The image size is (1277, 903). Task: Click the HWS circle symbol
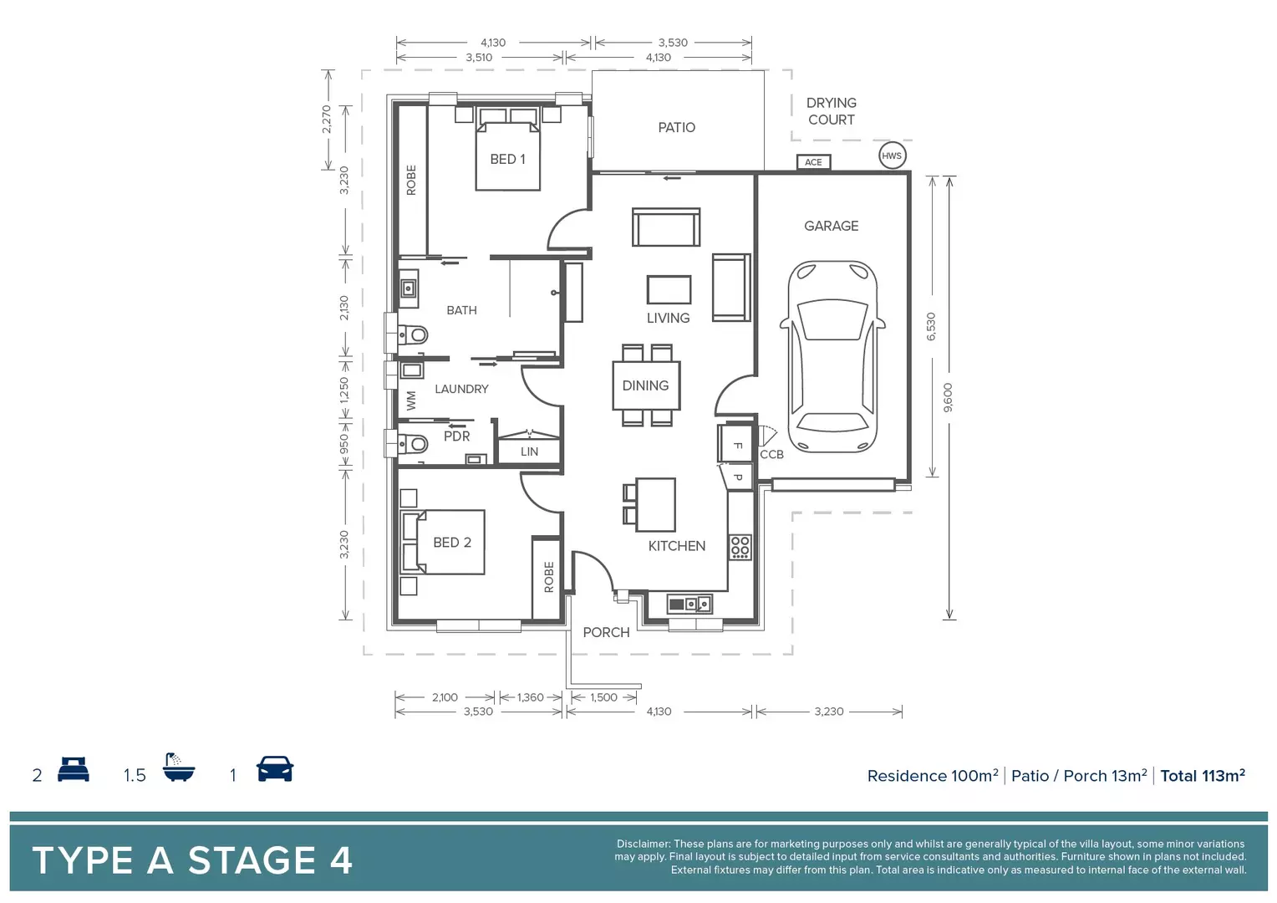coord(892,156)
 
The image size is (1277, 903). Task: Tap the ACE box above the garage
coord(813,162)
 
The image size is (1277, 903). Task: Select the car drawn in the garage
coord(832,355)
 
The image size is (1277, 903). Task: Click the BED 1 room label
coord(507,159)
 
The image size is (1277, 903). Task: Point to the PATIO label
coord(676,127)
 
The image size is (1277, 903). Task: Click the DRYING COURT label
coord(831,111)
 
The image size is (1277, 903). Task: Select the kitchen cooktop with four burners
coord(740,547)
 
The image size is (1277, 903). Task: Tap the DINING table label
coord(645,385)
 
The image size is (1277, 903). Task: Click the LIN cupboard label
coord(529,451)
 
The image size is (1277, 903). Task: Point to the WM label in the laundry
coord(410,400)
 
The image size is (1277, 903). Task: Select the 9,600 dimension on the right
coord(947,397)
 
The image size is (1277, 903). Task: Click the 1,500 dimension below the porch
coord(603,697)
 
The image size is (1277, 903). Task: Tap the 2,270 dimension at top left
coord(327,119)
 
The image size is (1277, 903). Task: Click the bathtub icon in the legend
coord(179,768)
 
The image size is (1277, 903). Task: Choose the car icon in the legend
coord(275,768)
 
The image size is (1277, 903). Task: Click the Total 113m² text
coord(1202,776)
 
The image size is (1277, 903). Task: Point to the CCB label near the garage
coord(771,454)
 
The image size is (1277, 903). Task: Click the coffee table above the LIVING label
coord(669,290)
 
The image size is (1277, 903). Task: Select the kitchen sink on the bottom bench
coord(689,604)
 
